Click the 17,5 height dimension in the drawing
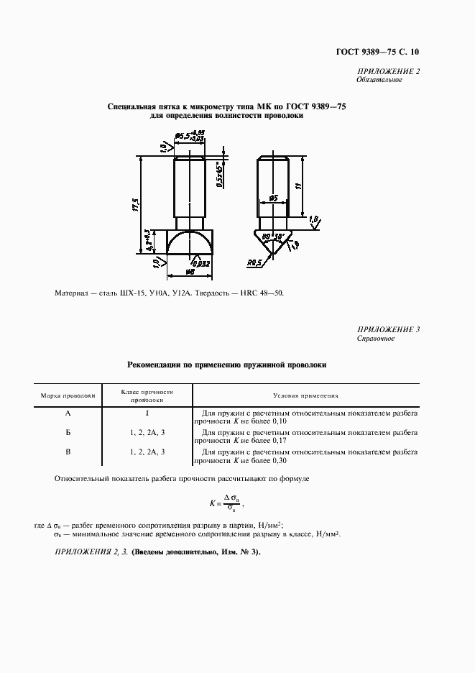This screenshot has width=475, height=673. [x=134, y=206]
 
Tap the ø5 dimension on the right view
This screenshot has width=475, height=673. [x=273, y=197]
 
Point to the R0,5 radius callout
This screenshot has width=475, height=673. [x=254, y=263]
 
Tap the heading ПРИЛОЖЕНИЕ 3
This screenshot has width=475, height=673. [x=388, y=329]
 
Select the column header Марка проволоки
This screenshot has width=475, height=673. [x=68, y=395]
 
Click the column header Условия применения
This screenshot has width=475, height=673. [x=306, y=395]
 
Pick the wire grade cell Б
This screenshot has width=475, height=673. [x=68, y=433]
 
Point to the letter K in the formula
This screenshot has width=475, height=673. [x=213, y=502]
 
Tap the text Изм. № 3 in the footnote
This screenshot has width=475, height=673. [x=234, y=551]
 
